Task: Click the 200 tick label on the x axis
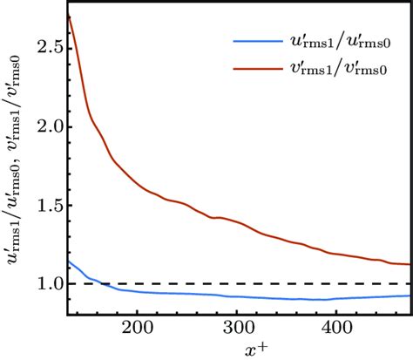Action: click(x=138, y=328)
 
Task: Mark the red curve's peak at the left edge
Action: click(x=68, y=17)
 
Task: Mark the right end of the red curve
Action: click(x=410, y=264)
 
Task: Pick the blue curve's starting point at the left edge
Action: click(x=68, y=262)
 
